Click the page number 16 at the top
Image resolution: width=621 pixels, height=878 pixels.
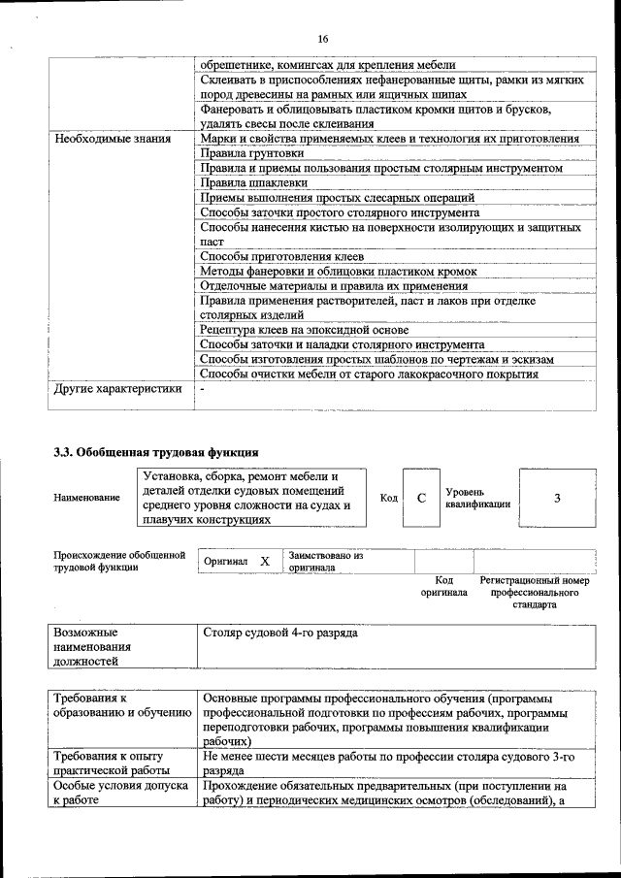pos(323,39)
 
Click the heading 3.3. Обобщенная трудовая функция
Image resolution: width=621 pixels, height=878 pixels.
pos(155,451)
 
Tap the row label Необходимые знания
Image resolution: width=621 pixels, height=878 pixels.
pos(113,139)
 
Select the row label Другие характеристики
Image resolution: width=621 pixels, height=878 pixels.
pos(118,389)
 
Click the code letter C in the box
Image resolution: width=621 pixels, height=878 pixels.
pos(421,498)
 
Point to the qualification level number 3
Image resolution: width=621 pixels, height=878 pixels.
pos(557,498)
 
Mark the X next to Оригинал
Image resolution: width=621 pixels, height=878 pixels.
pos(264,562)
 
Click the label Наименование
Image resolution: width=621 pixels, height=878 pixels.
pos(87,498)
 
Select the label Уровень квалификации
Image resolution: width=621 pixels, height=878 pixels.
pos(472,498)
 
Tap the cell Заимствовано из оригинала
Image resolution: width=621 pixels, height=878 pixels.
pos(326,562)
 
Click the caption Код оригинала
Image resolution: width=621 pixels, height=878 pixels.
pos(443,586)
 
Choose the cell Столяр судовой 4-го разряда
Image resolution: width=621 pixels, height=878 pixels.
pos(280,633)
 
